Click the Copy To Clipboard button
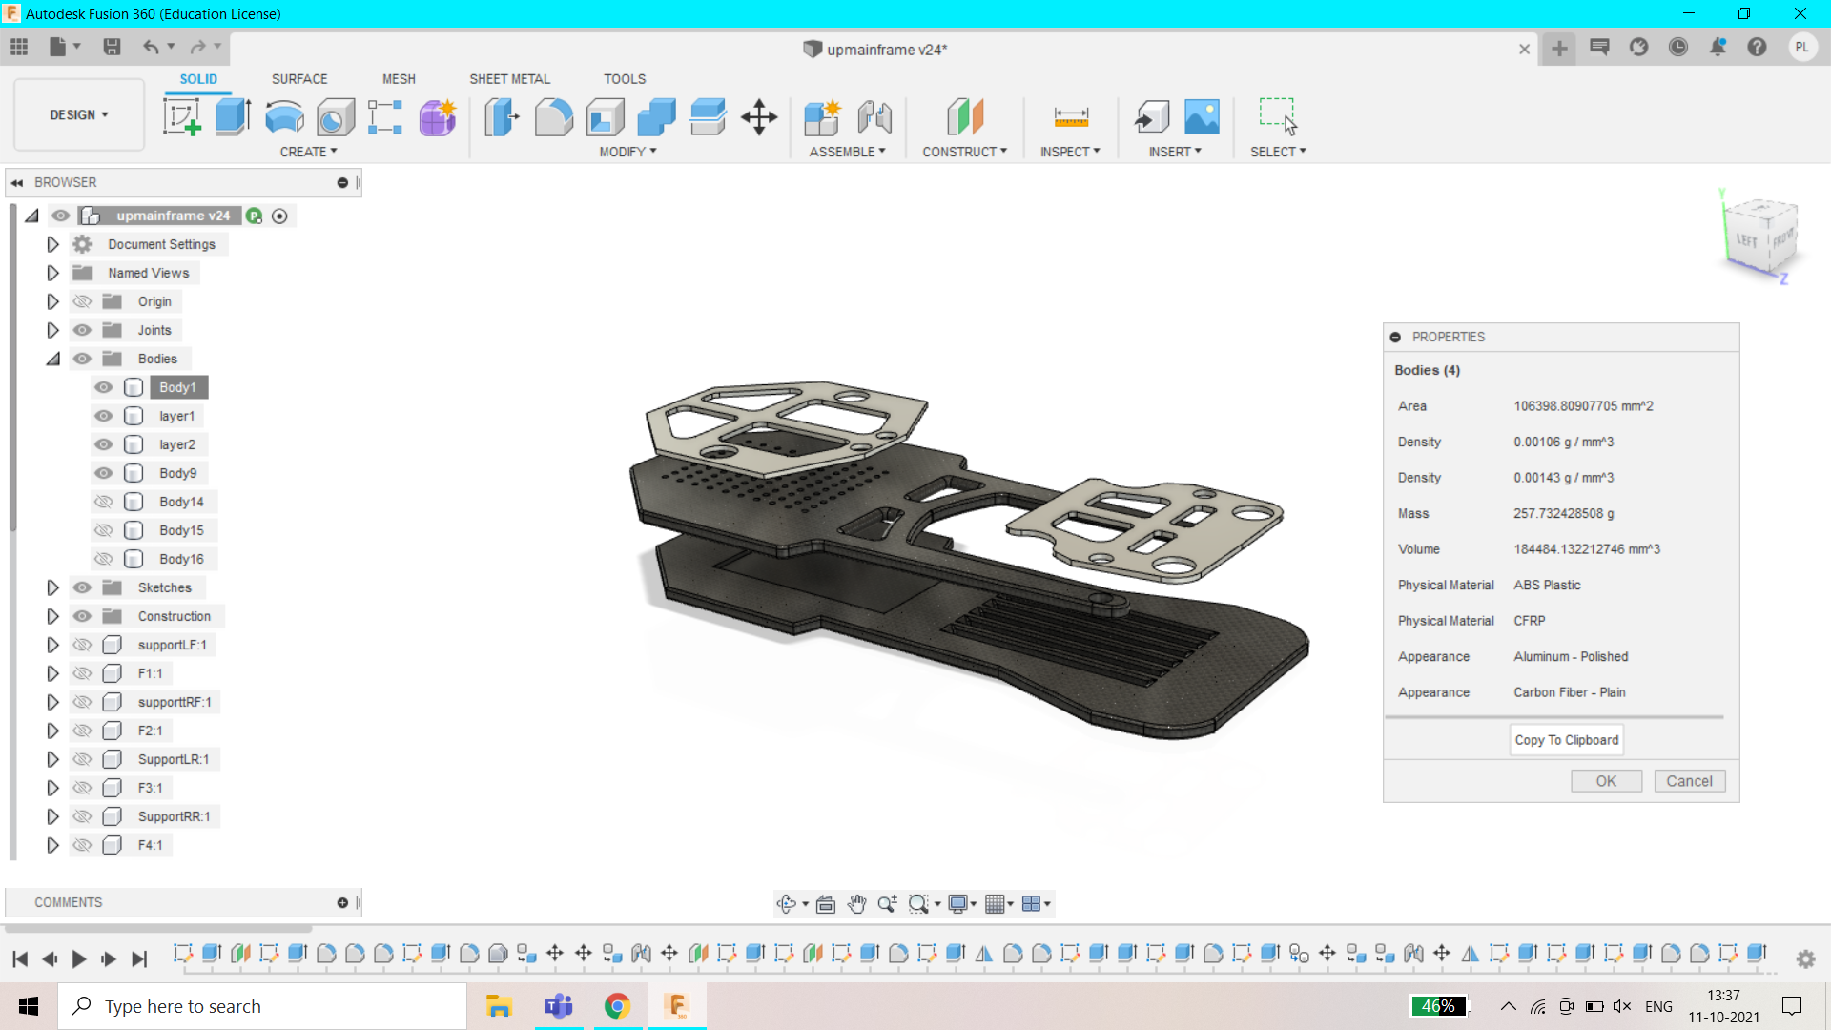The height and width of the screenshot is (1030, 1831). pyautogui.click(x=1566, y=740)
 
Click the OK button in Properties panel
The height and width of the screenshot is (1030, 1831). pyautogui.click(x=1606, y=781)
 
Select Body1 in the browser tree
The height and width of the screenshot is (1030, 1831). pyautogui.click(x=177, y=387)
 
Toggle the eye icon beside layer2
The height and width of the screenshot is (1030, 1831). pyautogui.click(x=104, y=444)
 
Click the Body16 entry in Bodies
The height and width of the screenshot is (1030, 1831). pyautogui.click(x=181, y=559)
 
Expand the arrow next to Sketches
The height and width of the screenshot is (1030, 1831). pyautogui.click(x=52, y=587)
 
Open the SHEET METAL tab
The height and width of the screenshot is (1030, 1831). pyautogui.click(x=509, y=79)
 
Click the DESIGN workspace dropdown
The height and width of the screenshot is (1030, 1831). pyautogui.click(x=79, y=114)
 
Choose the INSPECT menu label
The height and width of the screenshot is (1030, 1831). pyautogui.click(x=1069, y=152)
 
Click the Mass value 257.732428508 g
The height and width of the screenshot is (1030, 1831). pyautogui.click(x=1563, y=513)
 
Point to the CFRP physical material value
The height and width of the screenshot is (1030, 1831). pyautogui.click(x=1529, y=621)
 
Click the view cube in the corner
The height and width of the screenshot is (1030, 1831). pyautogui.click(x=1761, y=236)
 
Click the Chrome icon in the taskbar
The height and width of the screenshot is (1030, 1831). pyautogui.click(x=617, y=1006)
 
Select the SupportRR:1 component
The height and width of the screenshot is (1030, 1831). pyautogui.click(x=174, y=816)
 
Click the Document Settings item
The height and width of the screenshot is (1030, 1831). pyautogui.click(x=161, y=244)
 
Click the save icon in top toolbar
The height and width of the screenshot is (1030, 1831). pyautogui.click(x=112, y=47)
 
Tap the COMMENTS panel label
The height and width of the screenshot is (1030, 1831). pyautogui.click(x=68, y=902)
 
